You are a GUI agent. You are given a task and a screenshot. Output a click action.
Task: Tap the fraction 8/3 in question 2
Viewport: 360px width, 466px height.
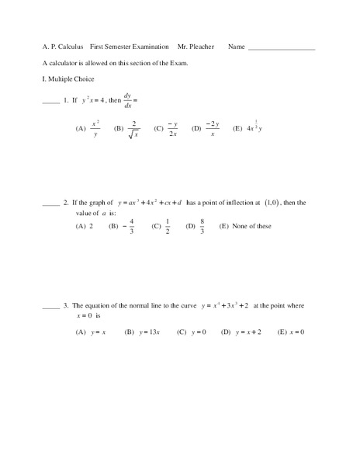pos(202,226)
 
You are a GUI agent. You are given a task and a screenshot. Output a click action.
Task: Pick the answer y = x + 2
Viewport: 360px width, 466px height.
pos(248,332)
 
